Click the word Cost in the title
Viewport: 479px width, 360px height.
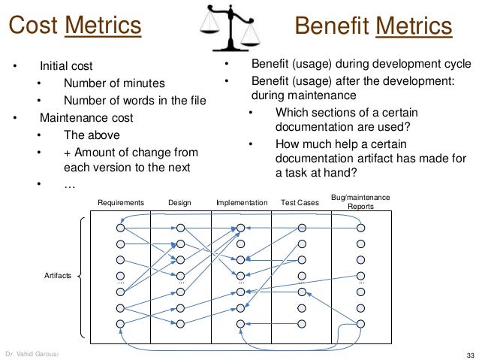click(x=33, y=26)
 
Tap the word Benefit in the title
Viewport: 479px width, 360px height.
click(x=333, y=27)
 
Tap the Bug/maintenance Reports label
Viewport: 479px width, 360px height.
click(x=360, y=201)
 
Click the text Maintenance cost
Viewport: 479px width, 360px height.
click(x=86, y=117)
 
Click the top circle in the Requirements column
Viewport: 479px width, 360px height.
click(x=120, y=228)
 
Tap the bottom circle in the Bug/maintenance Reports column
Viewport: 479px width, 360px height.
click(x=360, y=323)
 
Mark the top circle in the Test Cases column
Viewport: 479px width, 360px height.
click(x=301, y=228)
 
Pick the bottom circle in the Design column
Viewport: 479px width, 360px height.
click(x=180, y=323)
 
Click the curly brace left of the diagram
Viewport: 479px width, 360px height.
click(x=81, y=276)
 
